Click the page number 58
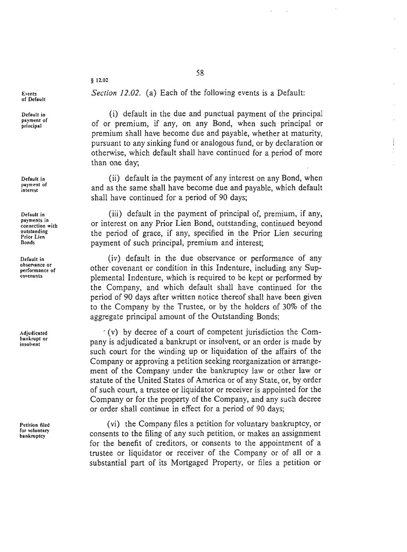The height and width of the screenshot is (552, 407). click(200, 73)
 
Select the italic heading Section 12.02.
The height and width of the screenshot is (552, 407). click(115, 93)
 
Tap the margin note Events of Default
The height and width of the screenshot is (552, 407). click(33, 96)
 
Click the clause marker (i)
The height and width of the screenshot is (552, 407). click(113, 114)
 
